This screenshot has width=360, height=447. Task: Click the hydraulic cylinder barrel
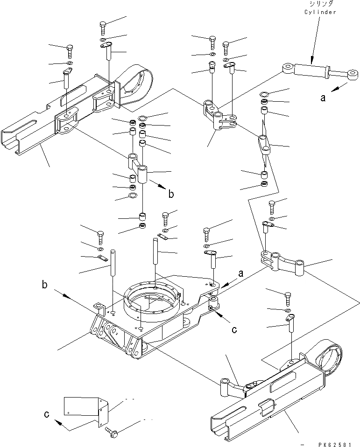click(311, 70)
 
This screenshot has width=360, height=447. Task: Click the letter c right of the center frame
click(234, 329)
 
